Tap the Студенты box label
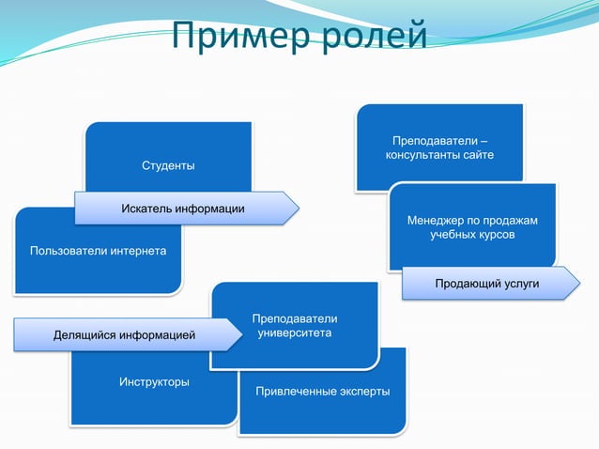(168, 166)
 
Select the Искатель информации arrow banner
(183, 208)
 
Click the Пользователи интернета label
(98, 252)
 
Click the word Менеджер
(434, 220)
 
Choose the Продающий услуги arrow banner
(486, 284)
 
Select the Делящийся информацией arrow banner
(124, 333)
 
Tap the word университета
(294, 333)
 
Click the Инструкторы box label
(154, 382)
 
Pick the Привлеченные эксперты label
(322, 391)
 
